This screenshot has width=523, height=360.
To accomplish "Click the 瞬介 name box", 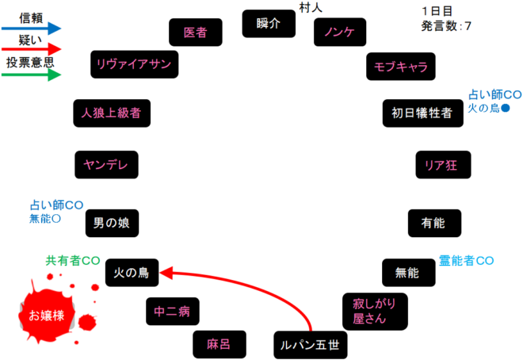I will click(269, 24).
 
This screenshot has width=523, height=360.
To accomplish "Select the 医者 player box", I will click(195, 33).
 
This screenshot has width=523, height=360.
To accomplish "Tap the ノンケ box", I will click(340, 32).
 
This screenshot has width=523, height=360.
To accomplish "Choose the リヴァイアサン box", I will click(134, 64).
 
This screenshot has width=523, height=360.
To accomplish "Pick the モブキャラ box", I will click(401, 67).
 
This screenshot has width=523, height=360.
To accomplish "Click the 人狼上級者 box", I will click(111, 113).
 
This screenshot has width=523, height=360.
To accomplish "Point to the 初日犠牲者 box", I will click(422, 113).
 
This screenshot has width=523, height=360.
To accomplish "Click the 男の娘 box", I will click(112, 223).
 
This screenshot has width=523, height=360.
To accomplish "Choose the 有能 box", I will click(434, 223).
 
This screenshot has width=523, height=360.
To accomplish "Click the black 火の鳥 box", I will click(132, 274).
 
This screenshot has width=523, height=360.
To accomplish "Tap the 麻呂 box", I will click(218, 344).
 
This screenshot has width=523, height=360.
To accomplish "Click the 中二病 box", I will click(173, 311).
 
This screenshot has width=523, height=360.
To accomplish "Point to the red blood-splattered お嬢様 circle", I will click(46, 316).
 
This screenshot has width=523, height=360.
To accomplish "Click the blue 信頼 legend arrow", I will click(32, 28).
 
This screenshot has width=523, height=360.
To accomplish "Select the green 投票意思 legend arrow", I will click(32, 75).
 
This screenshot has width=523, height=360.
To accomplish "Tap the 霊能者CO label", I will click(467, 260).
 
